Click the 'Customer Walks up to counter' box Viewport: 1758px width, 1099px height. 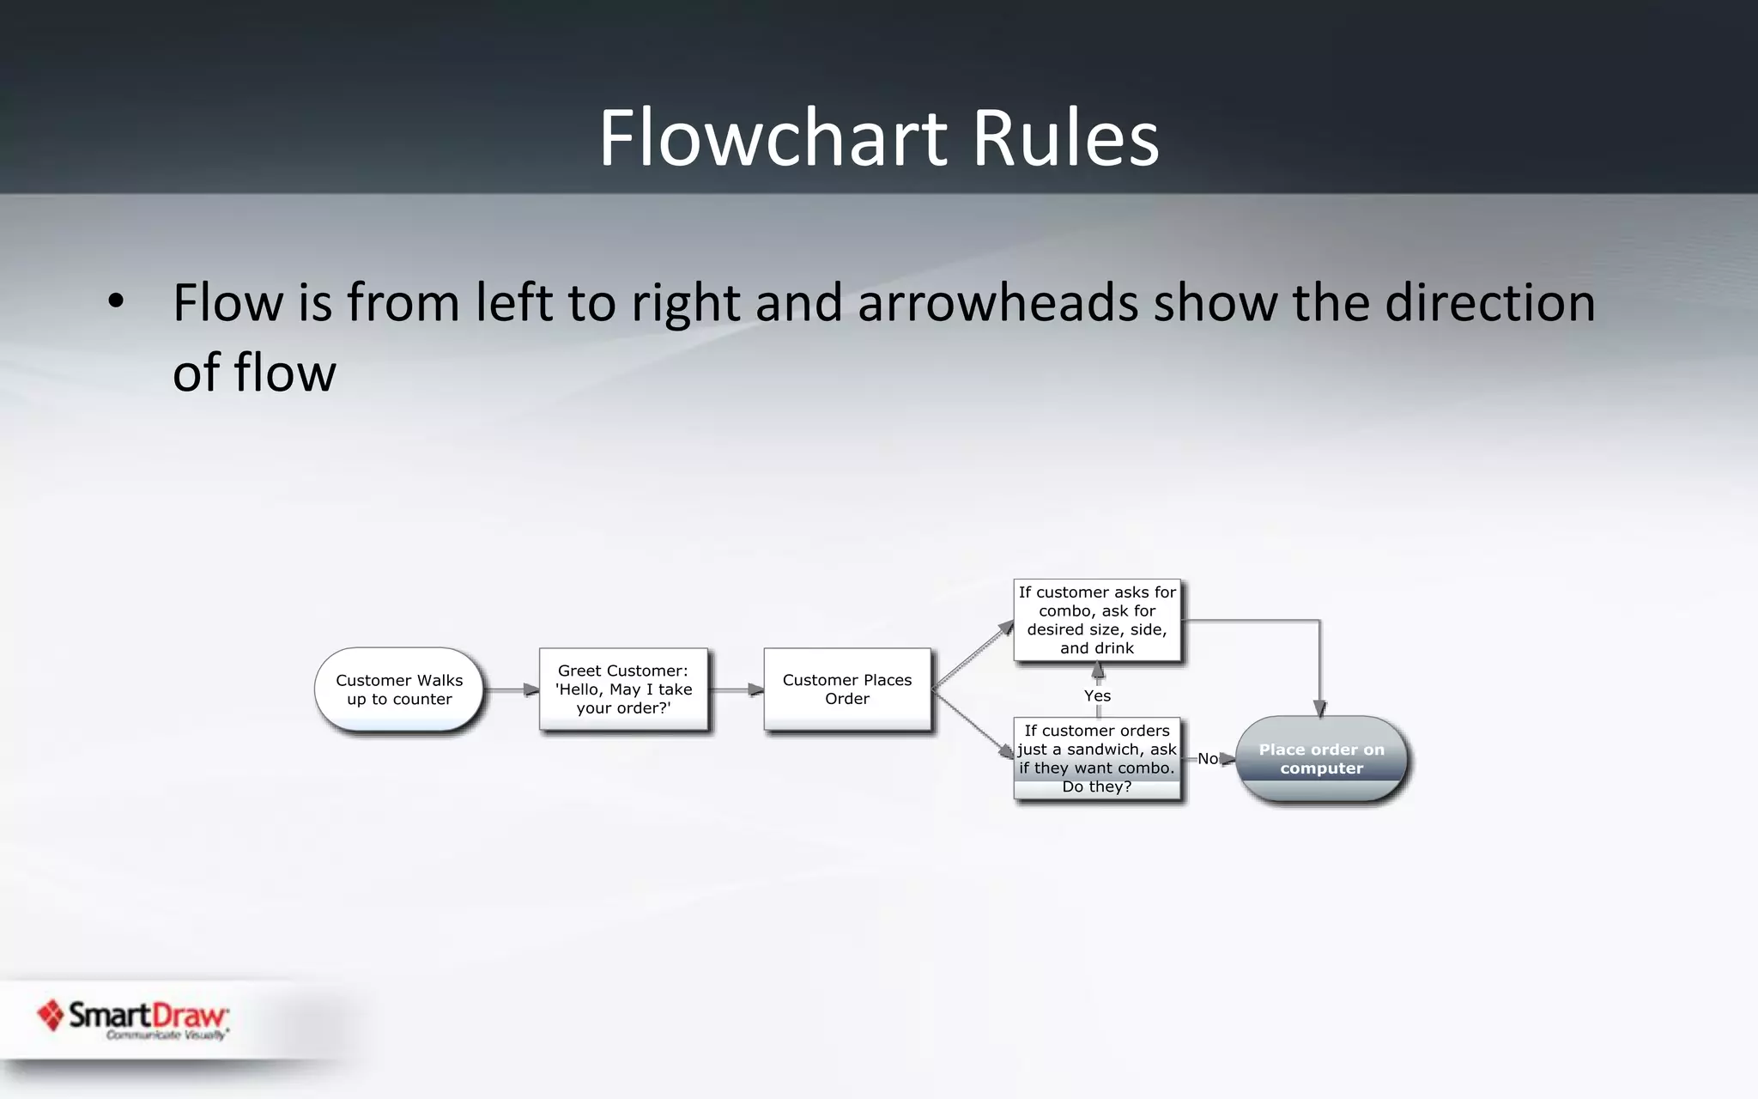[399, 689]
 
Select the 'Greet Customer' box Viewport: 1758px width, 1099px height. [623, 689]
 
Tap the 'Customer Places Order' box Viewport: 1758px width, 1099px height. [847, 689]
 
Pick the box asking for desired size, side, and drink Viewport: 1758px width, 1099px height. [1097, 620]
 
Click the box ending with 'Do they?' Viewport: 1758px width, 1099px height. [1097, 758]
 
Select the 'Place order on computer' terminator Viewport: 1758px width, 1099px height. [1321, 759]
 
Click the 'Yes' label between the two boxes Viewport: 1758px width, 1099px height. [1097, 695]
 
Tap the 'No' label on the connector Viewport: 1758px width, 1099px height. [1207, 759]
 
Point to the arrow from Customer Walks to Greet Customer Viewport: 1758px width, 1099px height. [512, 689]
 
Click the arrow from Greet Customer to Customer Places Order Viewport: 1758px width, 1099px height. [737, 689]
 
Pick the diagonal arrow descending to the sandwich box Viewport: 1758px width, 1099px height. [973, 725]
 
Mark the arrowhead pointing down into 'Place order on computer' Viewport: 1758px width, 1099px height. [1319, 708]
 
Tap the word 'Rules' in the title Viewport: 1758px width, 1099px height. [1065, 138]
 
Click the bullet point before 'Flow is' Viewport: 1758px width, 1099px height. [116, 302]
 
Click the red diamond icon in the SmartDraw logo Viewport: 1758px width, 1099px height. [51, 1015]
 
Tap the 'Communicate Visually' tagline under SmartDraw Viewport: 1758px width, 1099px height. [167, 1035]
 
